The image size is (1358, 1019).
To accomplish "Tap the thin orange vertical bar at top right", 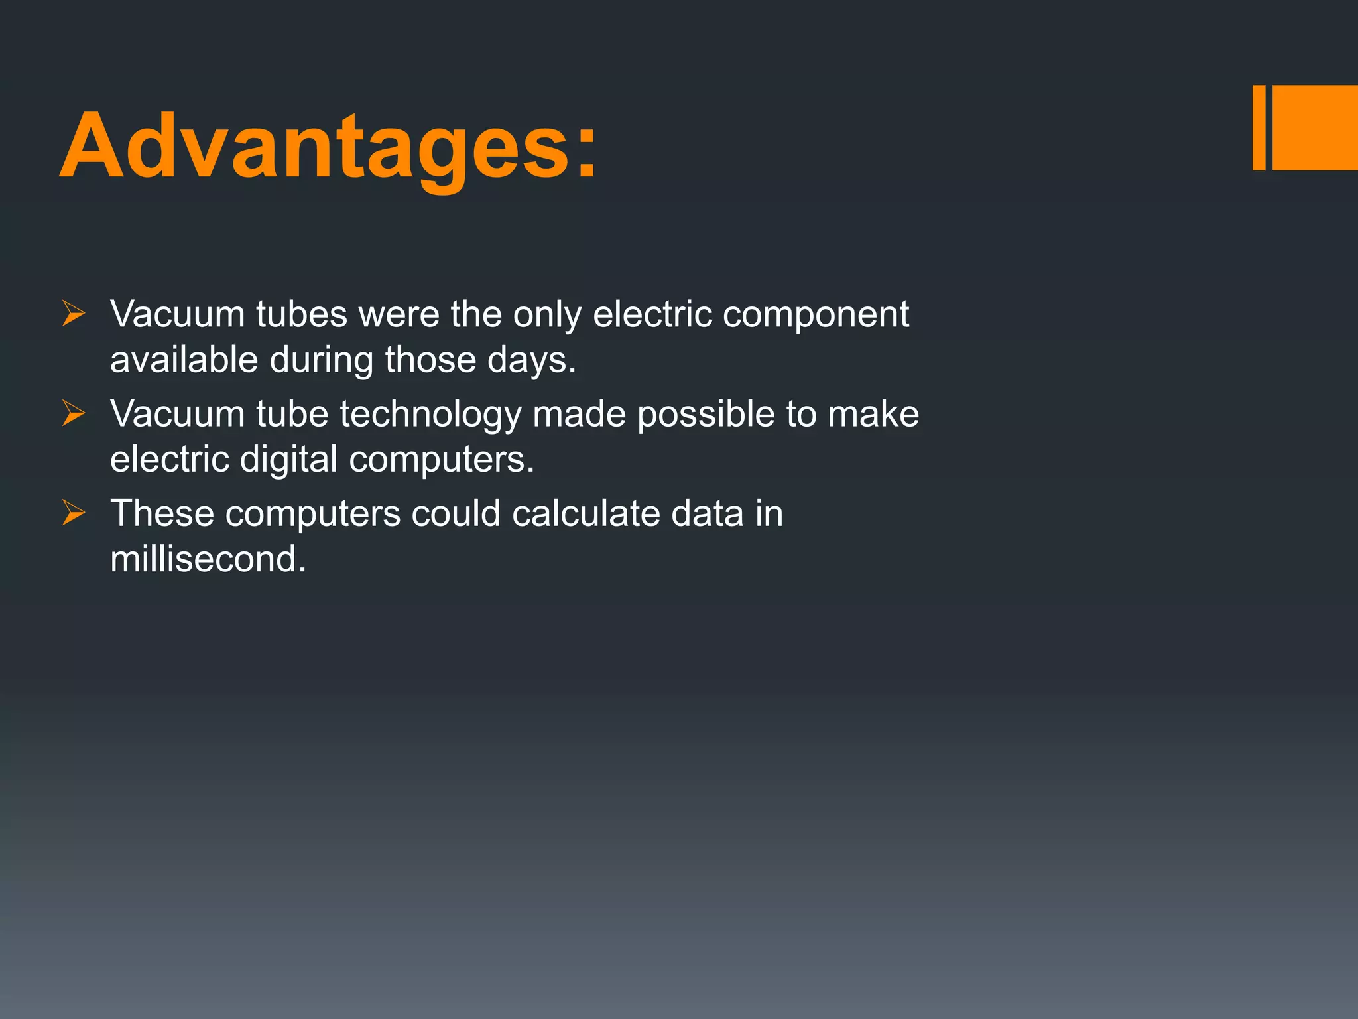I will coord(1259,127).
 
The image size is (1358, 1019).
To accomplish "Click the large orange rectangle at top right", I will coord(1315,127).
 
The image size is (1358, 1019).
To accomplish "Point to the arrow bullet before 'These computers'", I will coord(74,513).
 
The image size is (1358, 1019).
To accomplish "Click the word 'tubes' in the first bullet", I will coord(302,314).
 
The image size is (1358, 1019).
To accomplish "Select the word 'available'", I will coord(184,360).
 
